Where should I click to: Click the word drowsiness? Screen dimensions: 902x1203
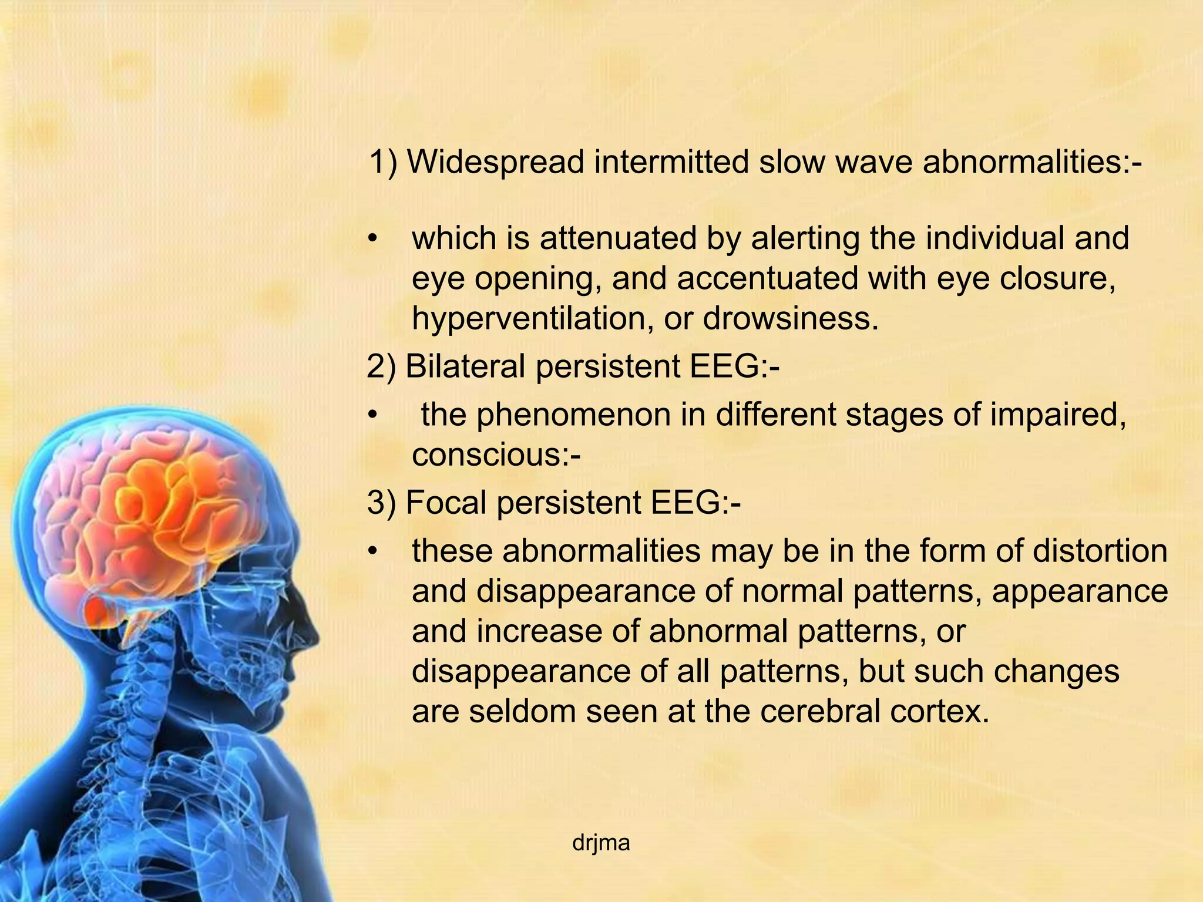(x=791, y=318)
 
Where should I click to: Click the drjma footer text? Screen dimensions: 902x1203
(x=601, y=843)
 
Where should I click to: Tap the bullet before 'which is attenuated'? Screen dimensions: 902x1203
(x=371, y=240)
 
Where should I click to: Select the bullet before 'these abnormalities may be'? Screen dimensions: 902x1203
(x=371, y=552)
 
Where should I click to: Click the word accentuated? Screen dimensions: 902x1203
(x=767, y=278)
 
